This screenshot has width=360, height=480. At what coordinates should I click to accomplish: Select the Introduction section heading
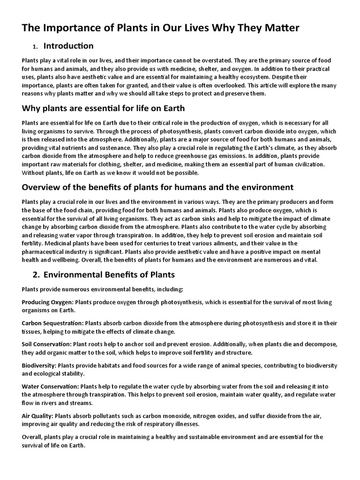pos(68,46)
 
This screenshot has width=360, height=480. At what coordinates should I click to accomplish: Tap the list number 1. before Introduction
pos(35,47)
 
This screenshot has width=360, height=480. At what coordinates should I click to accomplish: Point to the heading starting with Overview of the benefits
pos(157,187)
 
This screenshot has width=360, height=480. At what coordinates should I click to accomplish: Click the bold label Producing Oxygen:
pos(47,302)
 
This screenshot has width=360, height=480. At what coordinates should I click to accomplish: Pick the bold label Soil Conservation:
pos(46,345)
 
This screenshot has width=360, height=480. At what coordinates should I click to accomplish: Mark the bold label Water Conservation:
pos(50,387)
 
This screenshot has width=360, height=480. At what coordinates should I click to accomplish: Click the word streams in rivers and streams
pos(82,403)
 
